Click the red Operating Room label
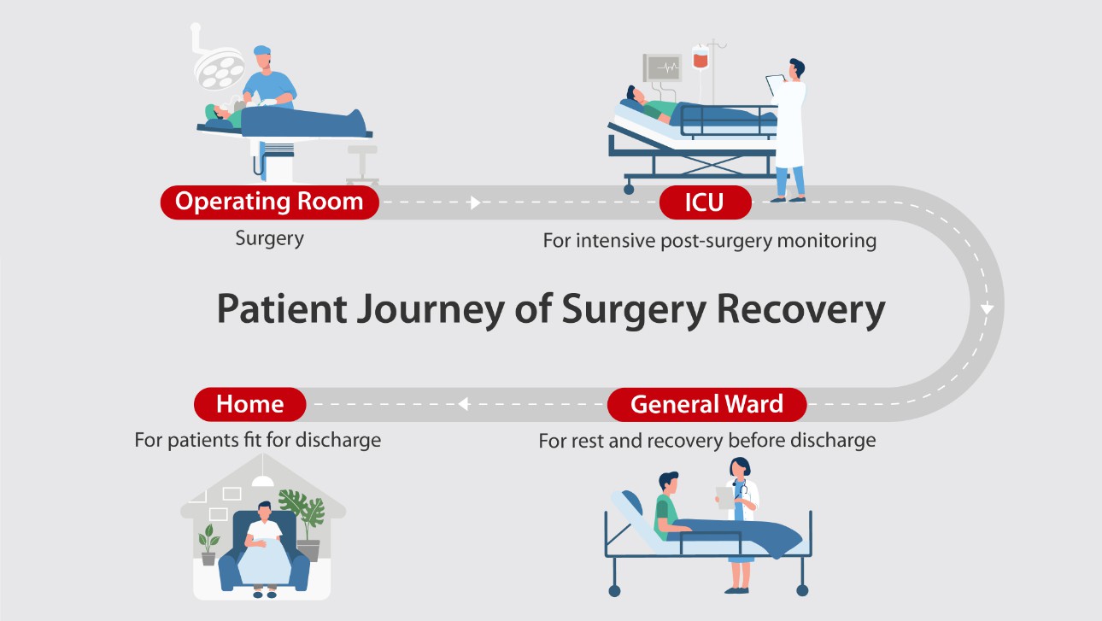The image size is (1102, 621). [x=269, y=202]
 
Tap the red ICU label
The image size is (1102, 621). [x=705, y=203]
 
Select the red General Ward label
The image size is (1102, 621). [x=706, y=404]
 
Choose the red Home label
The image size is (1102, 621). [x=249, y=403]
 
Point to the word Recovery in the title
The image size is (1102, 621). [x=800, y=309]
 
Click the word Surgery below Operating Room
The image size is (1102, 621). [x=269, y=238]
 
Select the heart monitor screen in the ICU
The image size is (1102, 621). [x=663, y=67]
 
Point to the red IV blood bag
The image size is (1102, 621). [x=700, y=59]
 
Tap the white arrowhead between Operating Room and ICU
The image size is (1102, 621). [x=476, y=203]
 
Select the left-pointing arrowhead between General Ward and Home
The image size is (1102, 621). [x=463, y=404]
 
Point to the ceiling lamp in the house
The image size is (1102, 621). [x=263, y=482]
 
